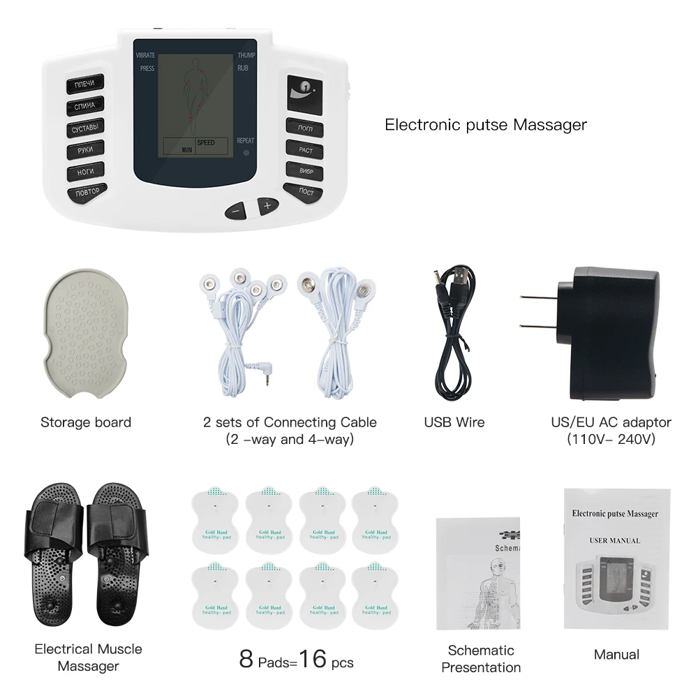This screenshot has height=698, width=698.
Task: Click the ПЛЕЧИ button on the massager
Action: point(85,84)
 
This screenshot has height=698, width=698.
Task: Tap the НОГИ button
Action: point(85,171)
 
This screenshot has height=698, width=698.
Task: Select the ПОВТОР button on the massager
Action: point(87,192)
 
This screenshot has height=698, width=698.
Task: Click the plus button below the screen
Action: point(267,205)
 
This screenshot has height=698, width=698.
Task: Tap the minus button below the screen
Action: point(236,209)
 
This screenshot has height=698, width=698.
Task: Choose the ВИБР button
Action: point(305,170)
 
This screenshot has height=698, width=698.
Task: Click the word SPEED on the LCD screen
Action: point(205,142)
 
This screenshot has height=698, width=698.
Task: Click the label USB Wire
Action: point(454,422)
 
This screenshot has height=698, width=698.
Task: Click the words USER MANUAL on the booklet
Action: point(614,540)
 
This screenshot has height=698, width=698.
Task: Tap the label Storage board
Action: point(85,422)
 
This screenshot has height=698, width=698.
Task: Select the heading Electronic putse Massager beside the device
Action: point(486,125)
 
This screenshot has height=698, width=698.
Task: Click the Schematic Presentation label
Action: point(481,658)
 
